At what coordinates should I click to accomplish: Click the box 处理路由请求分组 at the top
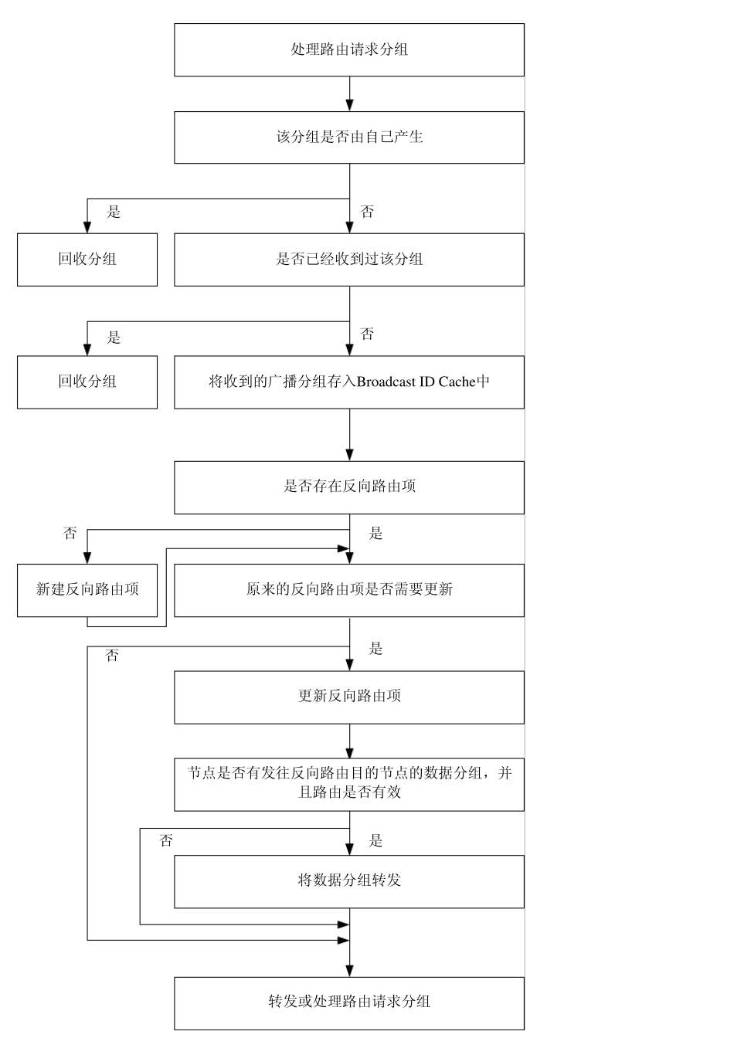click(x=349, y=49)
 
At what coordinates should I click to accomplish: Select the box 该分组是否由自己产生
click(x=349, y=137)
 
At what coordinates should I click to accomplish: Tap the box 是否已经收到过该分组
click(x=349, y=259)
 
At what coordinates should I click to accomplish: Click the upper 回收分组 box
click(x=87, y=259)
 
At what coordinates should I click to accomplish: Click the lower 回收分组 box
click(x=87, y=382)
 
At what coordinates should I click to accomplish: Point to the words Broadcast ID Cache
click(x=416, y=382)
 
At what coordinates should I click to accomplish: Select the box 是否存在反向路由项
click(x=349, y=487)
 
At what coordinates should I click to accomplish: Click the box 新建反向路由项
click(x=87, y=590)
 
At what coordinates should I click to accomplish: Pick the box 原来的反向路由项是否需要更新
click(x=349, y=590)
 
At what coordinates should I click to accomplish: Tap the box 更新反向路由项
click(x=349, y=697)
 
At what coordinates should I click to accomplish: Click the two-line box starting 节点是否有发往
click(x=349, y=783)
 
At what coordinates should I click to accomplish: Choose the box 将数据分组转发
click(x=349, y=880)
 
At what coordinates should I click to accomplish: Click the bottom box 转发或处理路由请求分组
click(x=349, y=1002)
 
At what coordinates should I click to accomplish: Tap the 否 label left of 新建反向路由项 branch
click(x=70, y=534)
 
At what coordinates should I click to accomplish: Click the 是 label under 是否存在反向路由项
click(x=375, y=534)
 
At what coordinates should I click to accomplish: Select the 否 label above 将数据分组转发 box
click(x=166, y=841)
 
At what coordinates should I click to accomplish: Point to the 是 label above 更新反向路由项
click(x=375, y=649)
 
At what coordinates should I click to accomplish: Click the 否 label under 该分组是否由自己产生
click(x=367, y=212)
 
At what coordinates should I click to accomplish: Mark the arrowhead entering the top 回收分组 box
click(x=87, y=227)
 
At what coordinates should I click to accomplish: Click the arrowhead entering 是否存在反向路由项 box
click(x=349, y=455)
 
